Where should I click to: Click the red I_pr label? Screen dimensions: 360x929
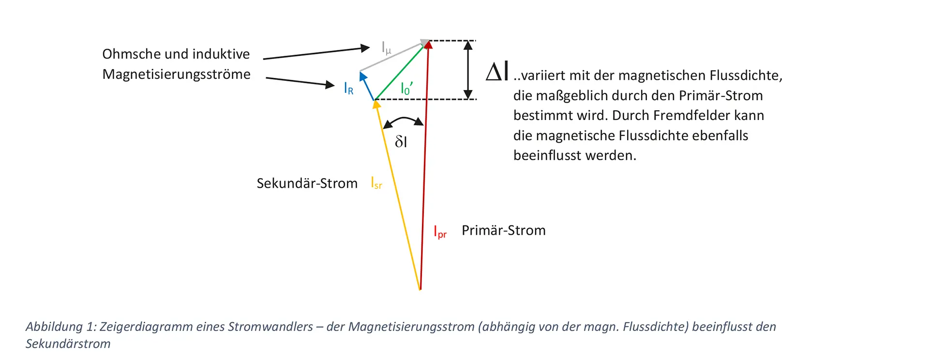(440, 232)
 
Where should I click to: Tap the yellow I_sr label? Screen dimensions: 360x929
(376, 183)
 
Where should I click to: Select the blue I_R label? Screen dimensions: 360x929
(348, 89)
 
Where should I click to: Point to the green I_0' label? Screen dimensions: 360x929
(406, 89)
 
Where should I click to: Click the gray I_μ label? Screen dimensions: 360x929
(386, 48)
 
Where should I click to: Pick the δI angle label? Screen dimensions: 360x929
(401, 141)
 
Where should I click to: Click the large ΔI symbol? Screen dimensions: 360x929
(497, 73)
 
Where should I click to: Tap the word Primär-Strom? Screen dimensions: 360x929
(503, 230)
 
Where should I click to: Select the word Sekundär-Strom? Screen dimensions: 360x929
(307, 183)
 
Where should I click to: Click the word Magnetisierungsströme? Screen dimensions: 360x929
(176, 75)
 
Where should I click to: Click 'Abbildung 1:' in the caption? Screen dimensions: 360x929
(60, 327)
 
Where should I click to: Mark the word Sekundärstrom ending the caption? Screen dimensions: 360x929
(68, 344)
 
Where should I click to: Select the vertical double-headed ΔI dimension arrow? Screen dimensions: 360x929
(468, 70)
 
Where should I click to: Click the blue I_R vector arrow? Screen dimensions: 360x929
(367, 86)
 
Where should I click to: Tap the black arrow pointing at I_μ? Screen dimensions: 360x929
(316, 53)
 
